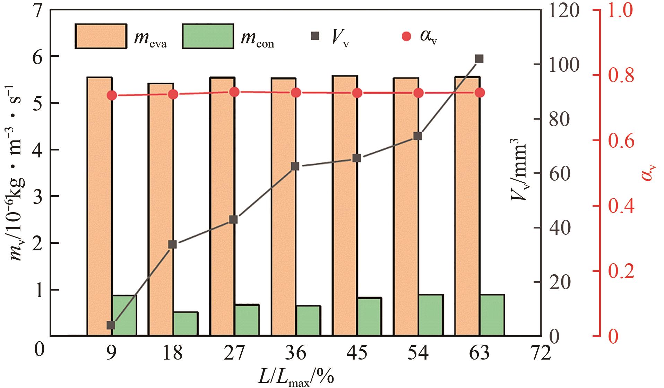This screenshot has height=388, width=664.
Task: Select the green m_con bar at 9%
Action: point(124,315)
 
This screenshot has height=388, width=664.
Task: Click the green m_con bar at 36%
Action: point(308,320)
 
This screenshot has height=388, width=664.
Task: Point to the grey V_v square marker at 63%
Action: point(479,59)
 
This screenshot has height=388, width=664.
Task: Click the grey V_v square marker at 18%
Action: point(172,244)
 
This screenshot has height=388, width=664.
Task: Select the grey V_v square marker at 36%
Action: point(295,166)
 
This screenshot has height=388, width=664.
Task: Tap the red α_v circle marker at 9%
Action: point(111,95)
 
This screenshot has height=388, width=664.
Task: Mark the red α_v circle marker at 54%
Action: point(418,93)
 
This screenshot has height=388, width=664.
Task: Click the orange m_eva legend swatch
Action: point(101,36)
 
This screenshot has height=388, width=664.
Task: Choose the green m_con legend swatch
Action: point(208,36)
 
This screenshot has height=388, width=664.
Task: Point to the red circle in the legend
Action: point(406,36)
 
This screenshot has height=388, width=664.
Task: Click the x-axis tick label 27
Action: point(234,353)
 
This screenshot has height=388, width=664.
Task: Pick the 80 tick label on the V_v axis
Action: point(559,119)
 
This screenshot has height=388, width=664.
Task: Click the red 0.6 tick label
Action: point(621,141)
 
